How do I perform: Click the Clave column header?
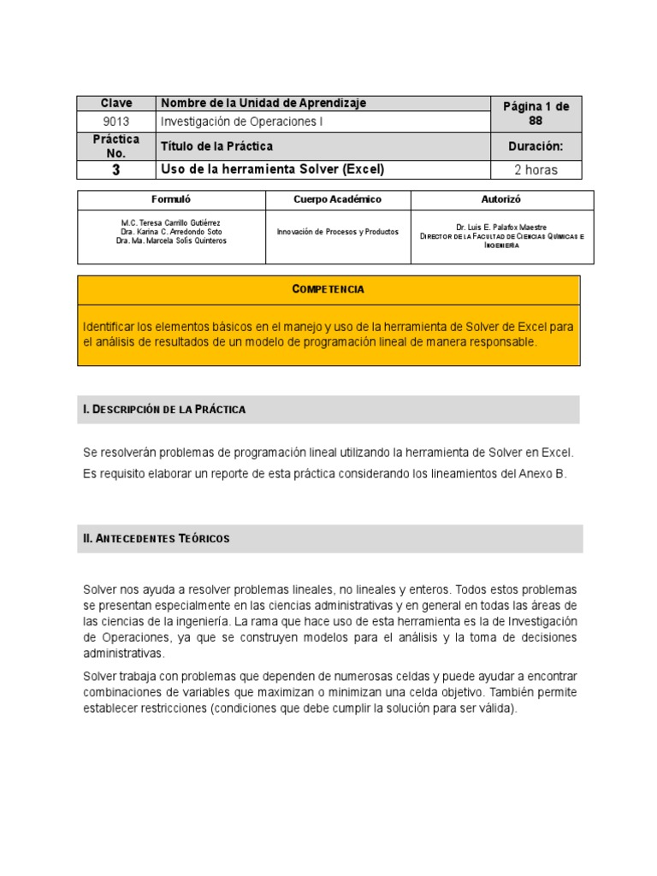pos(116,104)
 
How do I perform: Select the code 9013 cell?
pos(116,121)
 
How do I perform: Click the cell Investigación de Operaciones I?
pos(243,121)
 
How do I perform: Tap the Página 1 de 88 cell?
pos(536,114)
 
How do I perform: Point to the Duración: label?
pos(536,146)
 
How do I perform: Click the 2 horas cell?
pos(536,169)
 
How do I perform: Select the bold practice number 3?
pos(116,169)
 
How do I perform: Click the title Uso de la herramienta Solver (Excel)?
pos(273,169)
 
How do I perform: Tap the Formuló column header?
pos(172,199)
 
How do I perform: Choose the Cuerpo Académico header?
pos(337,199)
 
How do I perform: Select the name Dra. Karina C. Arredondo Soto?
pos(172,232)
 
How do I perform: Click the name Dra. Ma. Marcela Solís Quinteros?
pos(172,240)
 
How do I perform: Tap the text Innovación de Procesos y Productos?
pos(337,232)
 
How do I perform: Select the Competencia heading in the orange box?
pos(328,289)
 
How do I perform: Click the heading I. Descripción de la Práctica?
pos(164,410)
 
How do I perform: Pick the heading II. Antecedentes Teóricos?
pos(157,539)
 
